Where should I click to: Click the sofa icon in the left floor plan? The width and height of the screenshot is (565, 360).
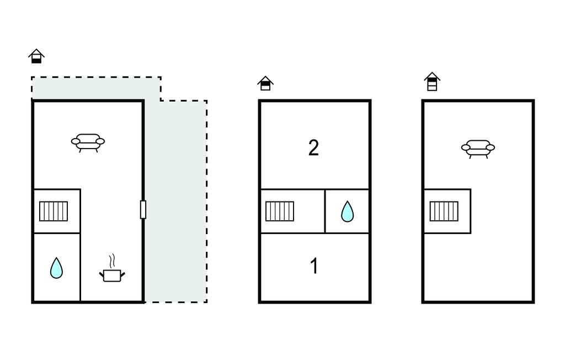pos(88,142)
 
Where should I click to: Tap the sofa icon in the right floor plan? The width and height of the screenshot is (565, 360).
pos(478,148)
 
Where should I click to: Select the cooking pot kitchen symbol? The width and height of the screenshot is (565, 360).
pos(112,274)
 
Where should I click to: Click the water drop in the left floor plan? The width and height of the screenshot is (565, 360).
pos(56,268)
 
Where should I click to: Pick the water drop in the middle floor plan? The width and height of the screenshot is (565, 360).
pos(347,211)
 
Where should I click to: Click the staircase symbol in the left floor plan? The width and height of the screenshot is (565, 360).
pos(54,211)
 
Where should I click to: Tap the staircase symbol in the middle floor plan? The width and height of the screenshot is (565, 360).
pos(280,211)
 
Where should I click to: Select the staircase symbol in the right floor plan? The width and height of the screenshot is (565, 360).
pos(444,211)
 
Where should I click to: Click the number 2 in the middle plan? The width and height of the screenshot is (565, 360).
pos(313,148)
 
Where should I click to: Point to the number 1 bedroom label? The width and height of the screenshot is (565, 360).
pos(314,266)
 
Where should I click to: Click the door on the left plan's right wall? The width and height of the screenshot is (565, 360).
pos(143,210)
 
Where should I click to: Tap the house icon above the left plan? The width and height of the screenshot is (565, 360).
pos(36,56)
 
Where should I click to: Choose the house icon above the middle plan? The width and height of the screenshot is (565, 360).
pos(265,83)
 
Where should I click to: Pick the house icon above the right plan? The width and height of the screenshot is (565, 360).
pos(432,82)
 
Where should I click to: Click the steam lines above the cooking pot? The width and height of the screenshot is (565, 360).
pos(113,260)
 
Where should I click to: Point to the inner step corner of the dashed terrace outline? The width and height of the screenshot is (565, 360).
pos(161,100)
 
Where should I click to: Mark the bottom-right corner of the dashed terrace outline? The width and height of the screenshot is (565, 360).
pos(207,302)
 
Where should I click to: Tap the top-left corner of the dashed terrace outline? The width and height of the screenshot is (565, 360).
pos(31,77)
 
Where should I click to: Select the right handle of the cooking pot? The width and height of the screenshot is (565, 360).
pos(122,273)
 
